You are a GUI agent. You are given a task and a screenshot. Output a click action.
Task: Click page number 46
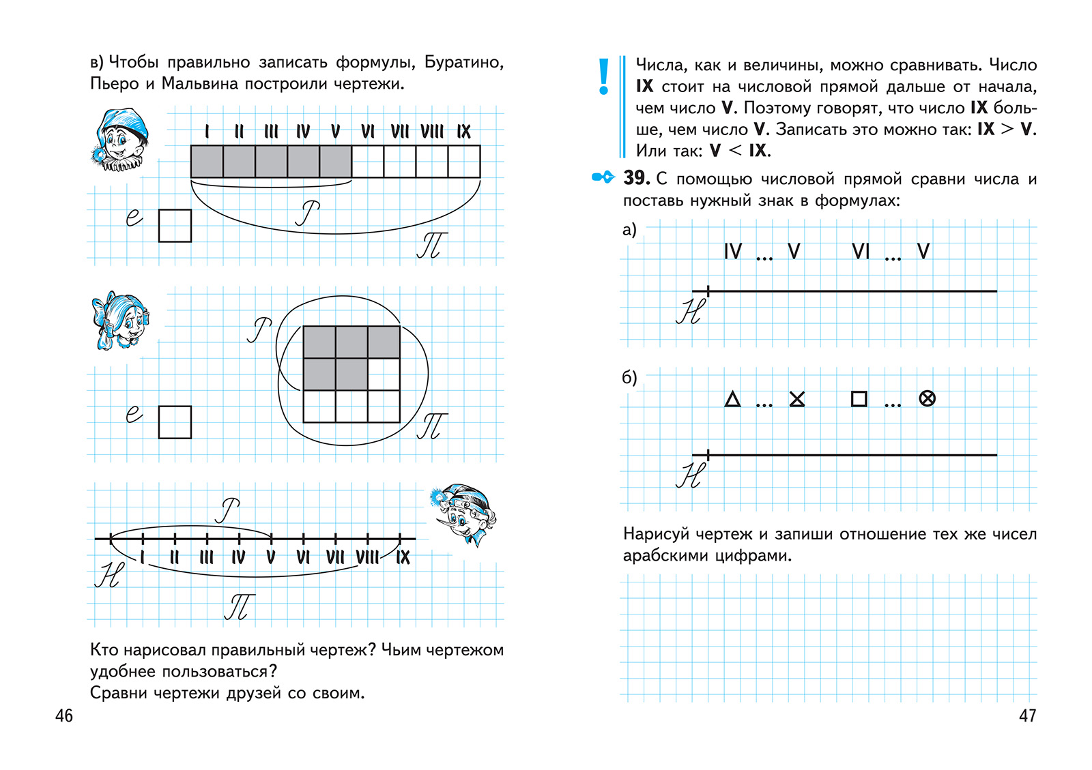[x=63, y=715]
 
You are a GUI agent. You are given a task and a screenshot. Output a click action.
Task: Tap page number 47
[x=1027, y=715]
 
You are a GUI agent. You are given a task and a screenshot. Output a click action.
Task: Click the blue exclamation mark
[x=603, y=76]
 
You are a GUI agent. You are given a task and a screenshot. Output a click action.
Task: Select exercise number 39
[x=636, y=178]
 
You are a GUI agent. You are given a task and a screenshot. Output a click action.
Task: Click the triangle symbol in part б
[x=732, y=399]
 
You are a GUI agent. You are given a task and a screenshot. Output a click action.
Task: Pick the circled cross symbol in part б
[x=927, y=399]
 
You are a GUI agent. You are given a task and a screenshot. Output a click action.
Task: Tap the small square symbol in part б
[x=859, y=399]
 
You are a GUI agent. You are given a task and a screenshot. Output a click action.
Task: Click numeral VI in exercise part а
[x=861, y=252]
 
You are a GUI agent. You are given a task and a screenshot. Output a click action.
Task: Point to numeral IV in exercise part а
[x=732, y=252]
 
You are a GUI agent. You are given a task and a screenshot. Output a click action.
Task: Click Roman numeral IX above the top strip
[x=464, y=132]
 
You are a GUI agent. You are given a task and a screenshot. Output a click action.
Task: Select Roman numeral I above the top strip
[x=207, y=132]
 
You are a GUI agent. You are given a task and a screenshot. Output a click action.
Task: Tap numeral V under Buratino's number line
[x=271, y=558]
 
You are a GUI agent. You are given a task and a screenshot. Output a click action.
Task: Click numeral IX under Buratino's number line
[x=403, y=558]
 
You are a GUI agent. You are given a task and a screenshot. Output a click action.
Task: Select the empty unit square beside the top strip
[x=175, y=226]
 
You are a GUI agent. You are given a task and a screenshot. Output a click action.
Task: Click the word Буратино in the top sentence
[x=463, y=62]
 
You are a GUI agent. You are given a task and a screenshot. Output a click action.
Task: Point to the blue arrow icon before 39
[x=603, y=177]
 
